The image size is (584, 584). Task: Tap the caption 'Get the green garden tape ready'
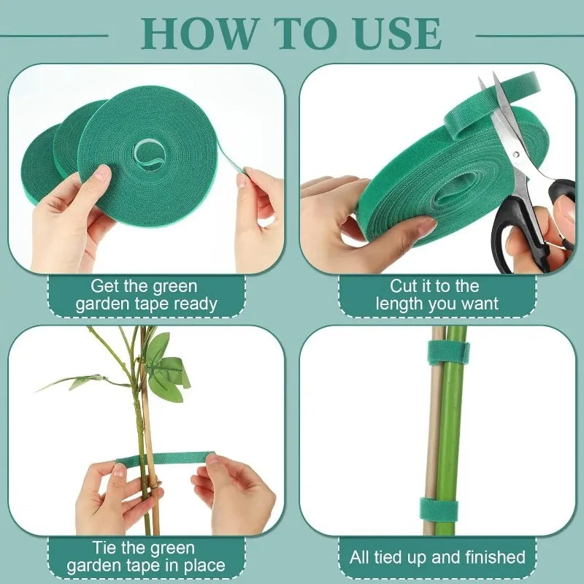(146, 295)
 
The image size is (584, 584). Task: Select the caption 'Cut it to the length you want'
(437, 295)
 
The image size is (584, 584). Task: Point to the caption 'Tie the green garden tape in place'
(146, 556)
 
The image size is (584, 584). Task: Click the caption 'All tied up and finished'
(437, 558)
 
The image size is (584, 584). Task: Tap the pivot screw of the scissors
(515, 154)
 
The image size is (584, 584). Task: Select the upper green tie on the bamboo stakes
(447, 352)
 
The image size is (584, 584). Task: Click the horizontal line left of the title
(54, 34)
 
